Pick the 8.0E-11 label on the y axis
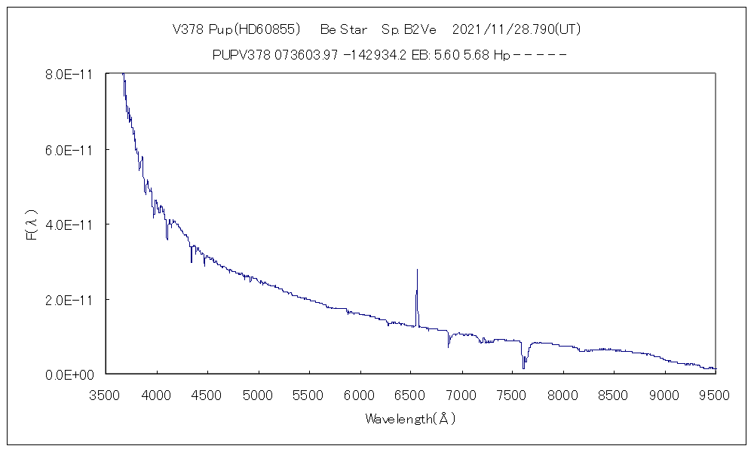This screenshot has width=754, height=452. (70, 75)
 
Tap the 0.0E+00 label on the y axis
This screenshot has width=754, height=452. (70, 374)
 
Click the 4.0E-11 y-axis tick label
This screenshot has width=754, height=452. (70, 224)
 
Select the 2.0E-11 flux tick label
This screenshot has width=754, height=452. (70, 300)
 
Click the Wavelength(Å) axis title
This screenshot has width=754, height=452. (410, 419)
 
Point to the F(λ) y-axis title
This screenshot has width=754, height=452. (32, 224)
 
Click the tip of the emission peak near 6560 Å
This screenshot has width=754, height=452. (417, 269)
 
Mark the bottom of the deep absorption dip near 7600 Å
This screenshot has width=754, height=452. (523, 368)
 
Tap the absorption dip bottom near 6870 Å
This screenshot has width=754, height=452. (449, 347)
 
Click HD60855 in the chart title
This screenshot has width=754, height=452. (268, 29)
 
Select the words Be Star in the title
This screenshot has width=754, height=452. (343, 29)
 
